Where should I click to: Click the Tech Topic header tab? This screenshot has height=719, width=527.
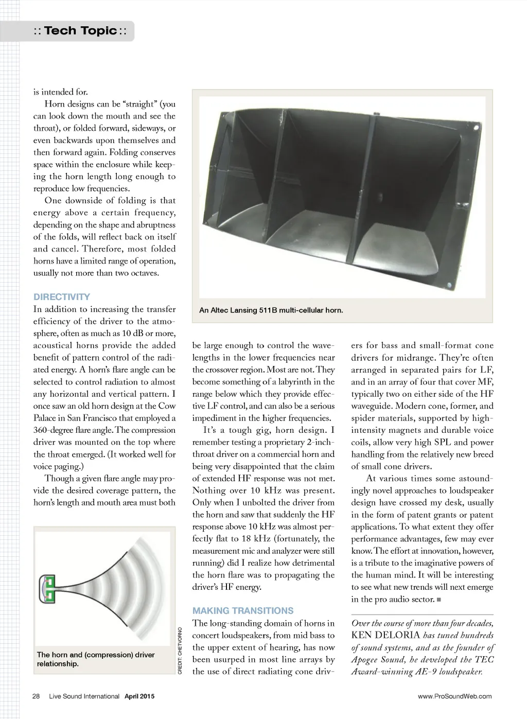(80, 31)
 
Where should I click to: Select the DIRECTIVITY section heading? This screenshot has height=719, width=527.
(62, 297)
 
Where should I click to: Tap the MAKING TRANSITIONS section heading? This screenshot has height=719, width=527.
(243, 611)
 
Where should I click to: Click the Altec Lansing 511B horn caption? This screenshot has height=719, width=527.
(271, 310)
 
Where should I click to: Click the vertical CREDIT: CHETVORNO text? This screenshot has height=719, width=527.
(180, 651)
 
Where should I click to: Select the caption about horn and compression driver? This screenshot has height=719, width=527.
(96, 659)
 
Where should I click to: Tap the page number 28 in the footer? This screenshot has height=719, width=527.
(36, 696)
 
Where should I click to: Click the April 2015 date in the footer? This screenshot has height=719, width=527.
(139, 696)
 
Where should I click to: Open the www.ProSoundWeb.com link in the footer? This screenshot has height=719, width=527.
(454, 696)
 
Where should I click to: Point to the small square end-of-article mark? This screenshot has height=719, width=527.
(438, 600)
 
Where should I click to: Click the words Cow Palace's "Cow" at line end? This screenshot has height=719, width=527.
(167, 406)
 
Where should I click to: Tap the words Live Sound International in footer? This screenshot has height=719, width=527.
(84, 696)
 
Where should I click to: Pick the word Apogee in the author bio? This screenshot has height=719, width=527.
(365, 660)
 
